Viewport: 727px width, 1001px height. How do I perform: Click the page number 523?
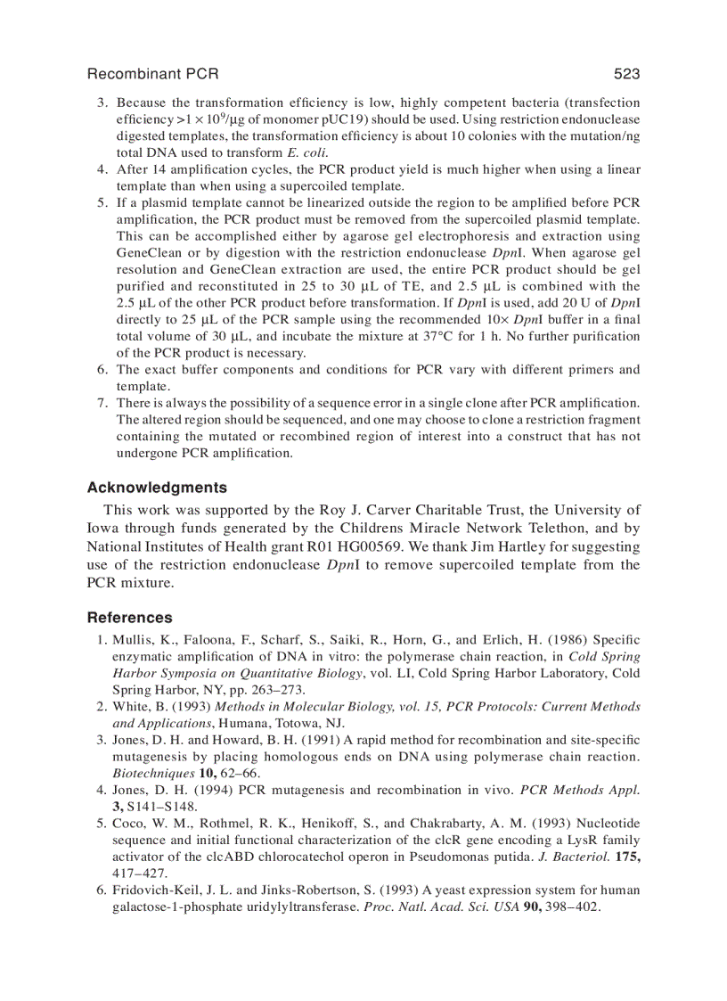click(x=626, y=74)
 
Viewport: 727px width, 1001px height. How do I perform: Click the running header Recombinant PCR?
click(x=152, y=74)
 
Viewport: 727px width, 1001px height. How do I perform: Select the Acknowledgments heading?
click(x=157, y=488)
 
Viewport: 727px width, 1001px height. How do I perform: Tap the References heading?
click(x=130, y=618)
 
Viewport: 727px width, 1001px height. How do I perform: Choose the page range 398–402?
click(x=573, y=907)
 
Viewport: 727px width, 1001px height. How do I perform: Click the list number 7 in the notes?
click(x=101, y=403)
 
